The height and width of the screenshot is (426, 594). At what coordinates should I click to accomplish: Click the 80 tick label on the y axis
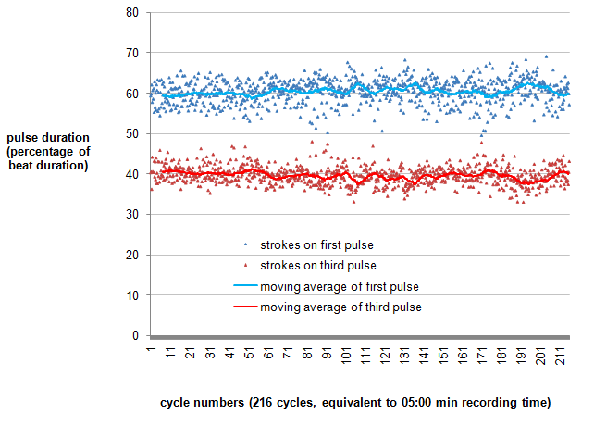click(132, 13)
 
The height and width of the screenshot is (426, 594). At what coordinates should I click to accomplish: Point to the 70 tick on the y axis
click(132, 54)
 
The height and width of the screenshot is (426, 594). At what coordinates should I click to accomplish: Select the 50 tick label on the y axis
click(132, 134)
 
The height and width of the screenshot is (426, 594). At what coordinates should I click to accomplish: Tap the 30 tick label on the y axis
click(132, 215)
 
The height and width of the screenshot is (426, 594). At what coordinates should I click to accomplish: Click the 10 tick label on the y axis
click(132, 295)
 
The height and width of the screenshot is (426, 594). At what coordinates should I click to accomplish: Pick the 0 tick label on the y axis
click(135, 335)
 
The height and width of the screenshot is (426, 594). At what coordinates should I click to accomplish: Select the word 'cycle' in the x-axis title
click(179, 403)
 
